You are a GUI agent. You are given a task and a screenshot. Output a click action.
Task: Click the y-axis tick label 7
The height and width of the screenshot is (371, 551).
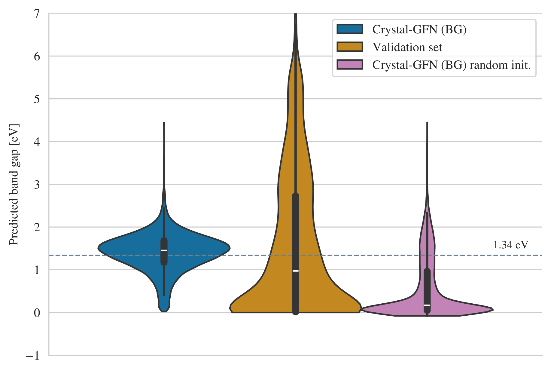[37, 14]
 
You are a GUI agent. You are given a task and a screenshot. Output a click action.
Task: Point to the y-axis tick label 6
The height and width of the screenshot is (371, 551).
[37, 57]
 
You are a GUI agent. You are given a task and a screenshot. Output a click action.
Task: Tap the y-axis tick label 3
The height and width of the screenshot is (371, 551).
[37, 185]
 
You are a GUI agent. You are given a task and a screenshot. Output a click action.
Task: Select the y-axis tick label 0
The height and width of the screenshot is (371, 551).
[37, 313]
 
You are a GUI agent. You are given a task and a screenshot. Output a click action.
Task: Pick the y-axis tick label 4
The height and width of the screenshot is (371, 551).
[37, 142]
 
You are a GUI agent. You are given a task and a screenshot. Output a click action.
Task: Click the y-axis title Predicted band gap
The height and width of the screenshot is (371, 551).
[14, 184]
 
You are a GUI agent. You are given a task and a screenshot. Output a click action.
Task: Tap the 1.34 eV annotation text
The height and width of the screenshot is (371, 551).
[510, 245]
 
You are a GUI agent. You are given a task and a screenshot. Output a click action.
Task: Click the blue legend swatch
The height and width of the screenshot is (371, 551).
[350, 29]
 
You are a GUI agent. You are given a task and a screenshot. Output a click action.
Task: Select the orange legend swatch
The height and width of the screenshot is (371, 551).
[350, 47]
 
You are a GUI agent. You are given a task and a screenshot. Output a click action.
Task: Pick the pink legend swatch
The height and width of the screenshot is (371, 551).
[350, 65]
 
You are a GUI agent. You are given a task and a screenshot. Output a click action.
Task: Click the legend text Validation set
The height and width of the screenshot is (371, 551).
[407, 47]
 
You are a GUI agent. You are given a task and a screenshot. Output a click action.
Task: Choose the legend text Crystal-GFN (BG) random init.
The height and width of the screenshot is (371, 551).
[452, 65]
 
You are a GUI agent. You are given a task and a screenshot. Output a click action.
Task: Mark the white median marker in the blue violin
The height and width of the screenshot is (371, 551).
[164, 250]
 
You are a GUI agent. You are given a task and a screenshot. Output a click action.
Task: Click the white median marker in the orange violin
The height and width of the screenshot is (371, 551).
[296, 271]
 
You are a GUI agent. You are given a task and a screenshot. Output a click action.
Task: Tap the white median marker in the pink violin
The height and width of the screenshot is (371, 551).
[427, 305]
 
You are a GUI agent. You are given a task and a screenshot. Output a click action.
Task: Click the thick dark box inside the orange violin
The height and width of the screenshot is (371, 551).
[296, 235]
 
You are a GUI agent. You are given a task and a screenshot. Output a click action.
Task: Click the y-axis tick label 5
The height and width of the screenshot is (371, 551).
[37, 99]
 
